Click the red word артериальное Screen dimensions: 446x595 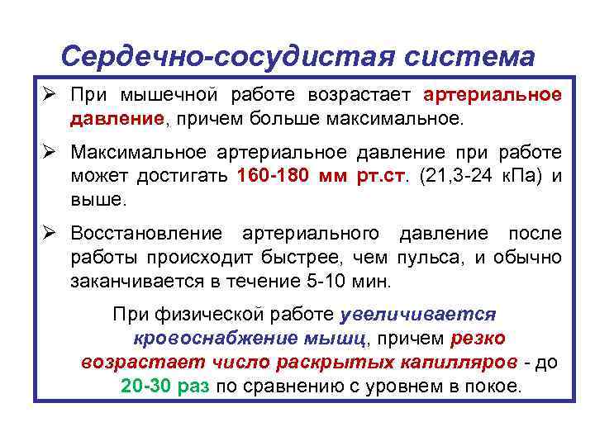tap(493, 95)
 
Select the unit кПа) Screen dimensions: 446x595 tap(524, 176)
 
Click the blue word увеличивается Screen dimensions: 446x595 tap(417, 316)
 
